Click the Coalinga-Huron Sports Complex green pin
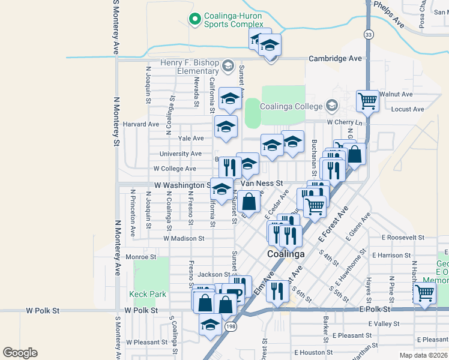pyautogui.click(x=194, y=20)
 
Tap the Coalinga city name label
pyautogui.click(x=285, y=254)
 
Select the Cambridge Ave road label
pyautogui.click(x=336, y=58)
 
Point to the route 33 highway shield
pyautogui.click(x=369, y=34)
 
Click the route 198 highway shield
pyautogui.click(x=231, y=326)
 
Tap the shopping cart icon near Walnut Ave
pyautogui.click(x=367, y=101)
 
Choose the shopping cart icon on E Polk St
pyautogui.click(x=424, y=294)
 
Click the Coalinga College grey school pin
pyautogui.click(x=331, y=106)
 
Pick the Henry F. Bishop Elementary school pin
pyautogui.click(x=228, y=65)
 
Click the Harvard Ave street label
pyautogui.click(x=141, y=124)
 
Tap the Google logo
pyautogui.click(x=20, y=353)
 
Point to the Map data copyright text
pyautogui.click(x=424, y=355)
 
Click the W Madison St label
pyautogui.click(x=184, y=238)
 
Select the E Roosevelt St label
pyautogui.click(x=407, y=238)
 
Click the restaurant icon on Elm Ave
pyautogui.click(x=277, y=292)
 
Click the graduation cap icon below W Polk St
pyautogui.click(x=210, y=325)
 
